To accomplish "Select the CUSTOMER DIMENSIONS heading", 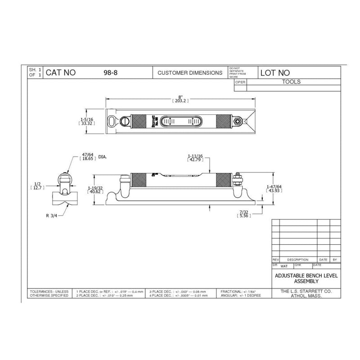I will coord(189,72).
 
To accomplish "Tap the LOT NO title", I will coord(275,72).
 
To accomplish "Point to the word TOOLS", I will coord(291,82).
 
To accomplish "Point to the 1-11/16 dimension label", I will coord(195,157).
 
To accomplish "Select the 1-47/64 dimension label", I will coord(274,189).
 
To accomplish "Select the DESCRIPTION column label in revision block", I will coord(298,260).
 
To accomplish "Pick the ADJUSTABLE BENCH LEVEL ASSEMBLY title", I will coord(306,278).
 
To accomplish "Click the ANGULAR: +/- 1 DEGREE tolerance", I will coord(241,296).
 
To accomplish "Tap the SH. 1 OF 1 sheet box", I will coord(35,72).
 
